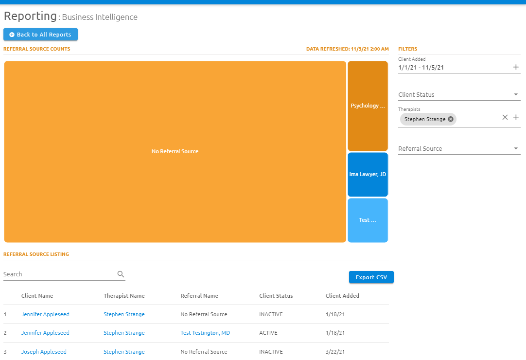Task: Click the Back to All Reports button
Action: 40,35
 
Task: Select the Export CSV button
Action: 371,277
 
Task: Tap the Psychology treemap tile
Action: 368,106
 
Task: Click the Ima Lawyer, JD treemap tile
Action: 368,174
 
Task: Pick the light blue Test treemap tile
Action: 368,220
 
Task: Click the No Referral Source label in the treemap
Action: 175,151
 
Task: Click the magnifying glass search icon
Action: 121,274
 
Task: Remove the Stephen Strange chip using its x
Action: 451,119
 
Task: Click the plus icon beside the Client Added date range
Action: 516,67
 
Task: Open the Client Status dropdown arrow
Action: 516,95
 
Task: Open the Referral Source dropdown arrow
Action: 516,149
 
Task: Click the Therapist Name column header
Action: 124,296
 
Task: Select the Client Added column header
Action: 342,296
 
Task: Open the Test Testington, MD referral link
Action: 205,333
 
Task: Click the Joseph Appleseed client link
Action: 44,352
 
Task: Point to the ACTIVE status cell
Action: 268,333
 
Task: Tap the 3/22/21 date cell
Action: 335,352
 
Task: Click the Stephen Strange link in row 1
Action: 124,314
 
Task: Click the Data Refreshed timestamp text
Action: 347,49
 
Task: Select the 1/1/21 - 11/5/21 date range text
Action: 421,68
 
